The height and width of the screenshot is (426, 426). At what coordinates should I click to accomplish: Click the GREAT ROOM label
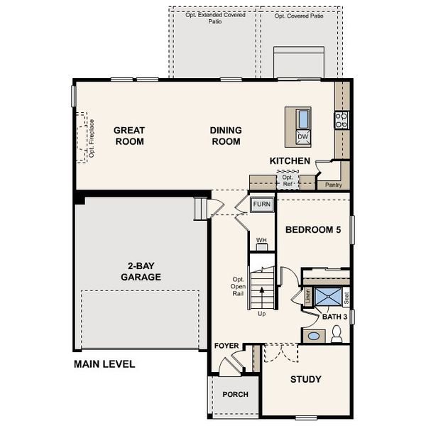pos(129,136)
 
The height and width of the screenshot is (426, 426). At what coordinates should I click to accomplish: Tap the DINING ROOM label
pos(226,136)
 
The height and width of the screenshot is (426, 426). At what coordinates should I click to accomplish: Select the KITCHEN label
pos(290,161)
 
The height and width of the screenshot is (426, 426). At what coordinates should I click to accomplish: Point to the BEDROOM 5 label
pos(312,230)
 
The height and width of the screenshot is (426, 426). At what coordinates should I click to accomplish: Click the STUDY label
pos(305,379)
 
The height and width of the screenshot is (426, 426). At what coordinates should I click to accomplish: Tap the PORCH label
pos(235,395)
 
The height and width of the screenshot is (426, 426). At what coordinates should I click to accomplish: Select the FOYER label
pos(226,346)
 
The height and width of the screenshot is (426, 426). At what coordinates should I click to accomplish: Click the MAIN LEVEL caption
pos(104,364)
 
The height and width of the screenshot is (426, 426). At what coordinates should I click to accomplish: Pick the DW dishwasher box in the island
pos(302,136)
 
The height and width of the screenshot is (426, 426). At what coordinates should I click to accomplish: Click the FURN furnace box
pos(261,204)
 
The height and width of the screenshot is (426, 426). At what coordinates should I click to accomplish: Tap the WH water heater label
pos(261,241)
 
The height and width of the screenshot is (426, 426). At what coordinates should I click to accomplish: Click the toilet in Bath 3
pos(337,332)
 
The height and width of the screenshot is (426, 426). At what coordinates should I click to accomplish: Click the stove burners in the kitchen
pos(342,120)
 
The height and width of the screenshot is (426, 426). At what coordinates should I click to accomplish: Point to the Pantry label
pos(333,185)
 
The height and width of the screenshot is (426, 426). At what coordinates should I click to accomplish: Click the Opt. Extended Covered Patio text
pos(215,18)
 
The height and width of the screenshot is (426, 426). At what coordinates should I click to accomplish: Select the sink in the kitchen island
pos(303,119)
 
